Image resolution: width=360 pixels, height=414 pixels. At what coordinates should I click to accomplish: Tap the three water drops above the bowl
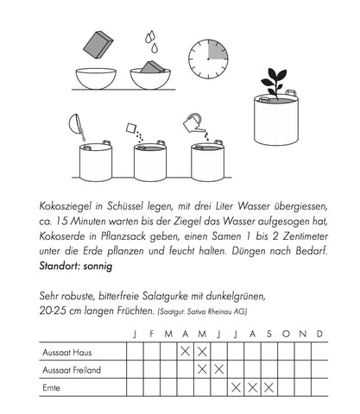(x=149, y=38)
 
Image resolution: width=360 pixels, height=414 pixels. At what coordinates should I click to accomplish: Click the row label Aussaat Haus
(x=62, y=352)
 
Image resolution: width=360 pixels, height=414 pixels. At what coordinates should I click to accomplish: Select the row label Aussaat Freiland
(x=68, y=369)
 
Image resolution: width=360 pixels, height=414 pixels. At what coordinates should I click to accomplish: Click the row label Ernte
(x=50, y=387)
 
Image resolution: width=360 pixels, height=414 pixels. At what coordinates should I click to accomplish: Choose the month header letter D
(x=319, y=334)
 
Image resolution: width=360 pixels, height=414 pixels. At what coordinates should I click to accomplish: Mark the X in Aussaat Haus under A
(x=185, y=352)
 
